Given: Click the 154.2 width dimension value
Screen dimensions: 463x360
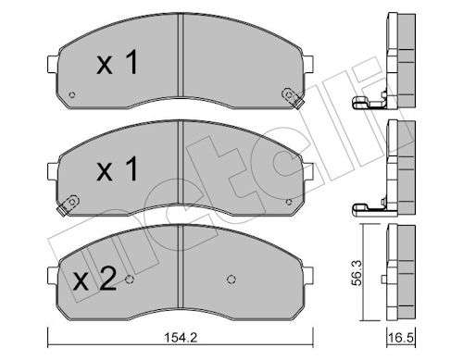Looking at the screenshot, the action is click(181, 338).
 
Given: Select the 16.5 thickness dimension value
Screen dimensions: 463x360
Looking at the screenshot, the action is click(401, 338).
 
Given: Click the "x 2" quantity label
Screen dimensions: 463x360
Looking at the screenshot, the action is click(94, 279).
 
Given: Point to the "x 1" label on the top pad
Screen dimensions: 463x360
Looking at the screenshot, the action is click(118, 62).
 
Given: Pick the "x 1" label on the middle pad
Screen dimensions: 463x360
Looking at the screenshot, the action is click(118, 168).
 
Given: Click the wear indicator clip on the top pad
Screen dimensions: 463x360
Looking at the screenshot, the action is click(292, 97).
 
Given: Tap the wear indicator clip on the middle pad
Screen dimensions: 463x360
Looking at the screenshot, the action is click(69, 205).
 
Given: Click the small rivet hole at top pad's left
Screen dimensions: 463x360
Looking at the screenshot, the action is click(72, 94).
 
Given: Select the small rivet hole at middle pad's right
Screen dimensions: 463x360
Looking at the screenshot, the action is click(289, 202).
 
